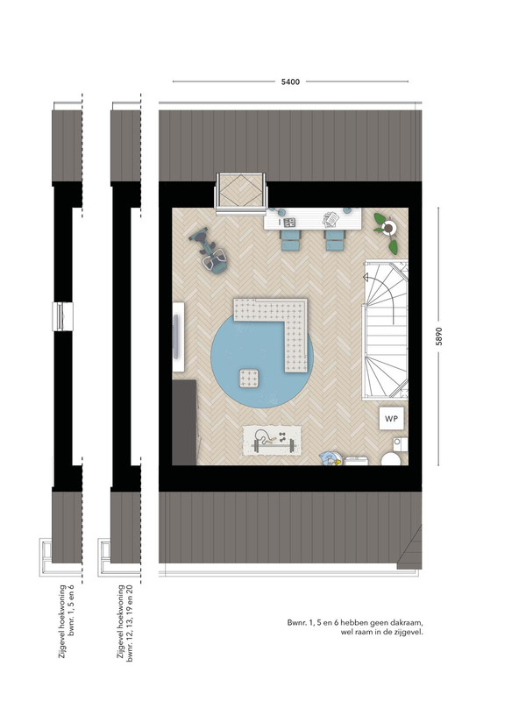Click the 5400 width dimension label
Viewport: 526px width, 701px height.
(x=290, y=81)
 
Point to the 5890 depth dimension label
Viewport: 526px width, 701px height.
(x=439, y=336)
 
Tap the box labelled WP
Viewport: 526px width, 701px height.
(x=391, y=419)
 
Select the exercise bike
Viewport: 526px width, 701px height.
(x=210, y=250)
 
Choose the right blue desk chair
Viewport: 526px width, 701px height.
(x=334, y=240)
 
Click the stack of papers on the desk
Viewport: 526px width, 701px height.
(x=331, y=218)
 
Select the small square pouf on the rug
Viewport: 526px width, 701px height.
(x=249, y=379)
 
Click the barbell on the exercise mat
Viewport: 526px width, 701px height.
(x=274, y=445)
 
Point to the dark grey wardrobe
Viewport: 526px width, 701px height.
(x=185, y=422)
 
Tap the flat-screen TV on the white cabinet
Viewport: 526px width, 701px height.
(x=176, y=336)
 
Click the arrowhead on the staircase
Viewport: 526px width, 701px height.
(x=366, y=278)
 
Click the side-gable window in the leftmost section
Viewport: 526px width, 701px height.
(x=62, y=316)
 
